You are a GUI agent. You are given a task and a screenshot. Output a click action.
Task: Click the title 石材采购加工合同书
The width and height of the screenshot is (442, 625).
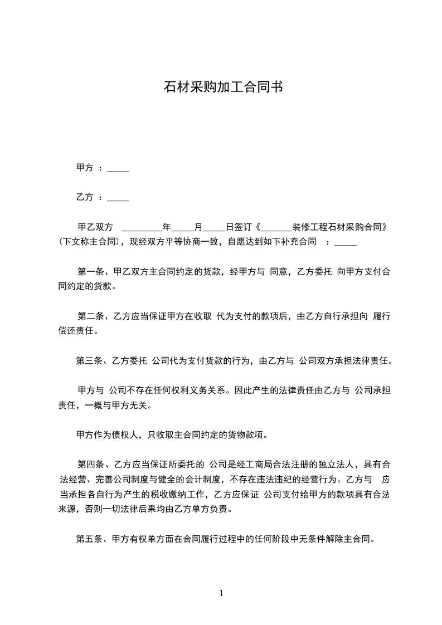(221, 87)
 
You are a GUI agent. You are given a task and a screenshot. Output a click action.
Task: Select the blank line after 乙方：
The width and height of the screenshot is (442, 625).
(118, 198)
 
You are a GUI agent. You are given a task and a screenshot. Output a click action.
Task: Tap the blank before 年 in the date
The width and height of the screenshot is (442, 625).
(141, 228)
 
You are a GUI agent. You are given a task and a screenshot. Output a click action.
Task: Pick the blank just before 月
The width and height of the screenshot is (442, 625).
(183, 228)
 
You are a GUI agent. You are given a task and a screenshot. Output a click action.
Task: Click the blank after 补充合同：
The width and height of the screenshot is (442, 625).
(346, 243)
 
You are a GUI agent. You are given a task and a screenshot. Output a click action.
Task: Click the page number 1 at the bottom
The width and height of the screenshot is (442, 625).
(221, 593)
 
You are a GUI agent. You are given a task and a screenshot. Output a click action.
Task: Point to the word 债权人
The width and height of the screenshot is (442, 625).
(125, 434)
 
